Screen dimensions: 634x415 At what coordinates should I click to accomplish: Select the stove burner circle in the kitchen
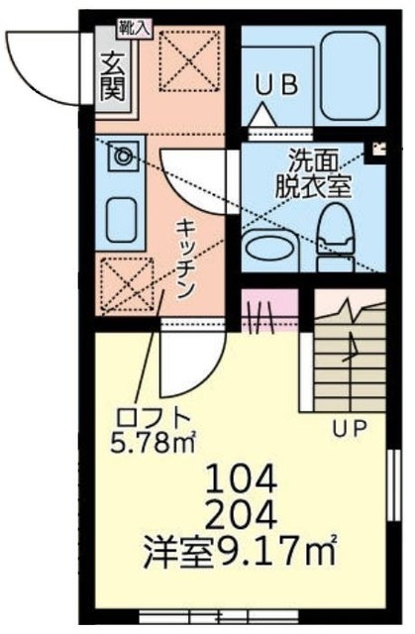124,156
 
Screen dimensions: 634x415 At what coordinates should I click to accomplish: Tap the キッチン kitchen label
186,255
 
